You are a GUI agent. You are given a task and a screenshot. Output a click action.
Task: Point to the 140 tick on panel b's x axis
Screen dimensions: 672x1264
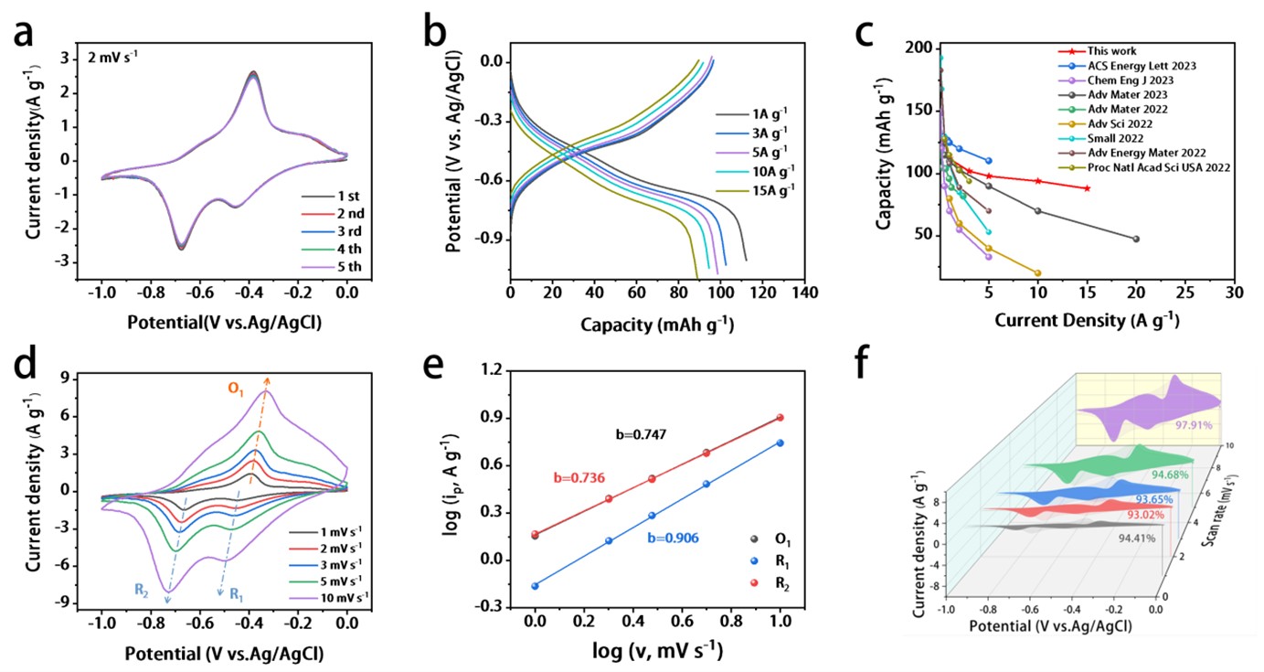pos(803,297)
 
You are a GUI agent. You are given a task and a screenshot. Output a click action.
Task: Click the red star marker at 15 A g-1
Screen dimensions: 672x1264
pos(1087,188)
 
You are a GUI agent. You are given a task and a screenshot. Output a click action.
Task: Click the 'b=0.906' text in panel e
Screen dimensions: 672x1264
pos(674,538)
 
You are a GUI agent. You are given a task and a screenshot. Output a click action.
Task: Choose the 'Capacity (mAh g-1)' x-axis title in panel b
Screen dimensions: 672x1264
pos(655,324)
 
